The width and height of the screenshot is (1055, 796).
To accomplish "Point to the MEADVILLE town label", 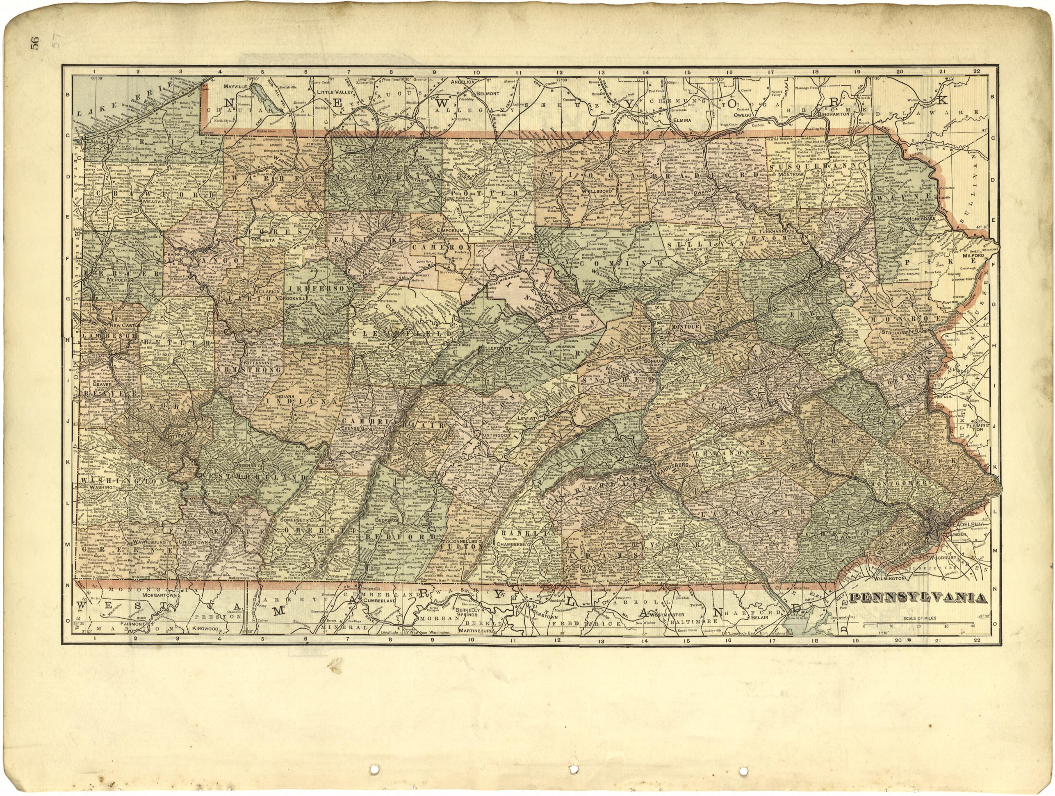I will coord(157,202).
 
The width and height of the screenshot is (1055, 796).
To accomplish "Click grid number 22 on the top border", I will coord(976,71).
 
